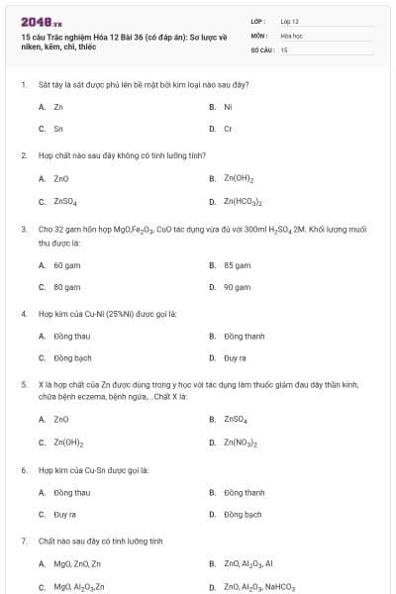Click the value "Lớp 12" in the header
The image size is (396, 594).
tap(289, 20)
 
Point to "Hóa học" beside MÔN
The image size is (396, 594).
tap(291, 35)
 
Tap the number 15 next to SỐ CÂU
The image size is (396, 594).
tap(284, 49)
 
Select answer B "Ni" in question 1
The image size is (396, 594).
tap(228, 106)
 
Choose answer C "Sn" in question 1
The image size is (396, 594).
tap(58, 128)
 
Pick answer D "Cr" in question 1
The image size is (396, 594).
tap(228, 128)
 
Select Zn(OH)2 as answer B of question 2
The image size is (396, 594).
tap(239, 179)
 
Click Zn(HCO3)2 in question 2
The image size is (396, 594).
tap(243, 201)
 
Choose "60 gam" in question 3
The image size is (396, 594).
tap(66, 265)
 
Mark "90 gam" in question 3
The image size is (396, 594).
tap(237, 287)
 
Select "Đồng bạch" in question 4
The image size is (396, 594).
tap(72, 358)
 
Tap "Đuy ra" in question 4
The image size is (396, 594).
tap(235, 358)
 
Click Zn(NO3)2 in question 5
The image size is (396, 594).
tap(241, 444)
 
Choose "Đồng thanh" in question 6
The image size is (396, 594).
tap(245, 492)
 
